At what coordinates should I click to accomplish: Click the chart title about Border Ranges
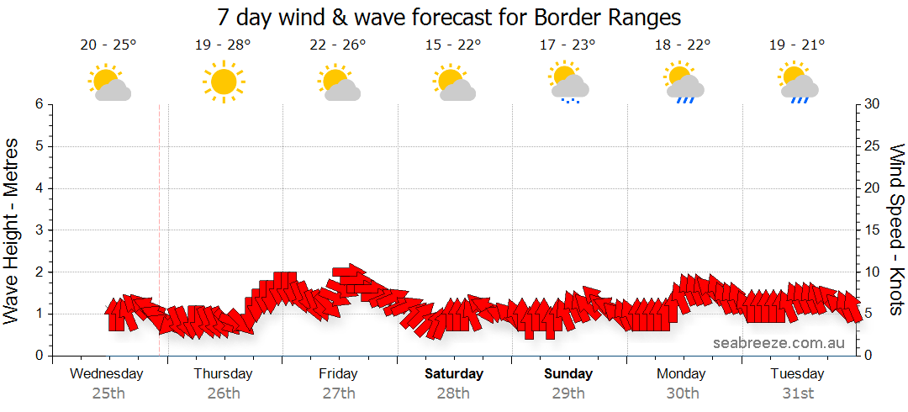(x=448, y=18)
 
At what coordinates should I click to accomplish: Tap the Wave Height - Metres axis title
(x=13, y=230)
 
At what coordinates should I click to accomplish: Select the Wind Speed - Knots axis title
(x=896, y=230)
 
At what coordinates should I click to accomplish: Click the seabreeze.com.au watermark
(x=779, y=343)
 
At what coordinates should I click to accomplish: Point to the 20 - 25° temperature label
(x=108, y=45)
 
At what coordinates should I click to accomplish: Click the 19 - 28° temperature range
(x=223, y=45)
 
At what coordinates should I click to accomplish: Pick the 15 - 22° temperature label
(x=452, y=45)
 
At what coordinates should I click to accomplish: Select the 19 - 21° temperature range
(x=796, y=45)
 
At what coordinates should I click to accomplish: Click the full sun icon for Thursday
(x=224, y=82)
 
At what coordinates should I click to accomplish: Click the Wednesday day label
(x=107, y=373)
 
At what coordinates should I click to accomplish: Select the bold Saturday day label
(x=454, y=373)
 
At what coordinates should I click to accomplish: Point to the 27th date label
(x=338, y=393)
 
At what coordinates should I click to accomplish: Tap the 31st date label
(x=797, y=393)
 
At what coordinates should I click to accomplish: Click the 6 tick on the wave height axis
(x=39, y=104)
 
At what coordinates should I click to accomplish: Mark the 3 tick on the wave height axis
(x=39, y=230)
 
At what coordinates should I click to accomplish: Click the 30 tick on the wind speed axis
(x=873, y=104)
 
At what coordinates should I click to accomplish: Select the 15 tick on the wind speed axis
(x=873, y=230)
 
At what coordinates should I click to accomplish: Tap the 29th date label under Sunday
(x=568, y=393)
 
